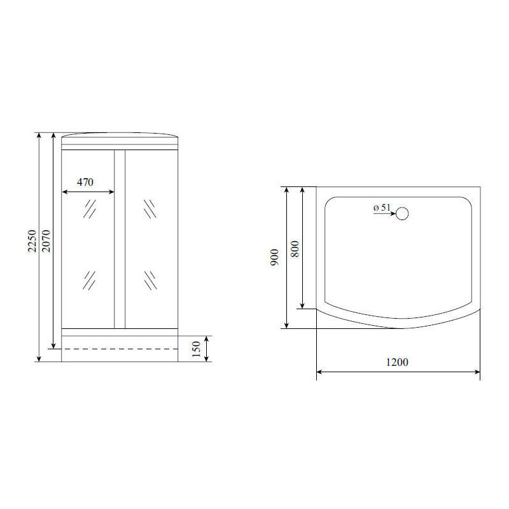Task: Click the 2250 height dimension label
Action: [x=32, y=241]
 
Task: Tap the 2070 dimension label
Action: [x=46, y=241]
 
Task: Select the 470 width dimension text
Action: [x=85, y=182]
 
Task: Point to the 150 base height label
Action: [x=196, y=349]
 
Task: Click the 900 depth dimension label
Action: [x=275, y=258]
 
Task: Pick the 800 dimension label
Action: [x=295, y=249]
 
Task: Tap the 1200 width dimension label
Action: [x=397, y=361]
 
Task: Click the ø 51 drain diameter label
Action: [x=382, y=207]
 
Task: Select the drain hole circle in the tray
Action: [x=402, y=214]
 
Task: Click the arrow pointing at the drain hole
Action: [x=384, y=214]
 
